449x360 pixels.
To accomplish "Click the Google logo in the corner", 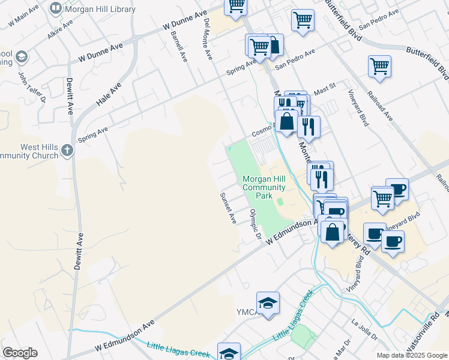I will click(x=20, y=353).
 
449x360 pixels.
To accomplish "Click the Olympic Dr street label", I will click(x=256, y=225).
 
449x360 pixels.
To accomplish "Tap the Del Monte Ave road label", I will click(x=208, y=39).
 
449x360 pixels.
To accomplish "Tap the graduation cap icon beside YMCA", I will click(x=268, y=302).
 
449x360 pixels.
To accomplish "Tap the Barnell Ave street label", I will click(x=178, y=45).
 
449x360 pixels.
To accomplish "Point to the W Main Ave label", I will click(x=21, y=18).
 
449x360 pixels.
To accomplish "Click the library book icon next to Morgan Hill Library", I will click(x=56, y=8).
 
